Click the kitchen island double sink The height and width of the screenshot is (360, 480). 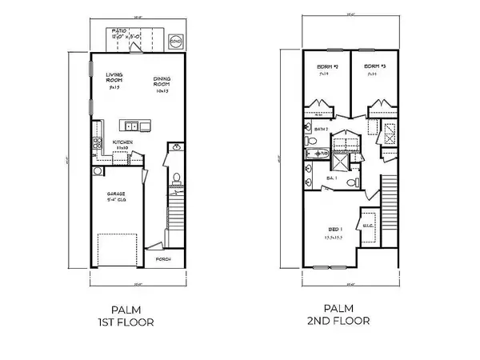click(130, 126)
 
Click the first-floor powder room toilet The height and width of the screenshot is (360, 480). click(174, 178)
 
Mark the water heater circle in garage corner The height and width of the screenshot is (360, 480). click(97, 171)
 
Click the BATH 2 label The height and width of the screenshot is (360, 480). click(322, 128)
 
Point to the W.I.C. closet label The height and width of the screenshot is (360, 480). click(368, 226)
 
